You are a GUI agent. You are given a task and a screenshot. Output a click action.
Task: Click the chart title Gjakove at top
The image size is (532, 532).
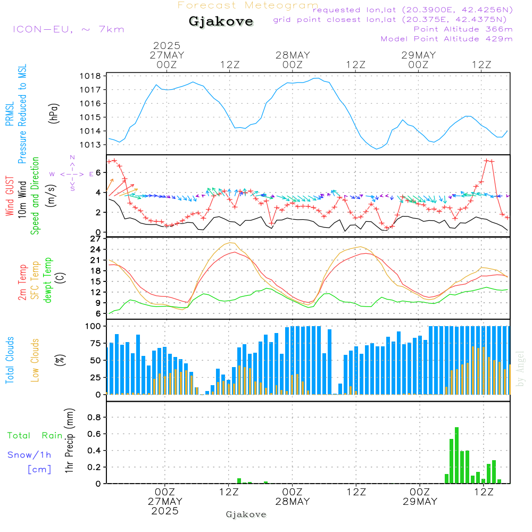221,22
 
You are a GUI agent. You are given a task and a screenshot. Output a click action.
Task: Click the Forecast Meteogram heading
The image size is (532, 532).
248,5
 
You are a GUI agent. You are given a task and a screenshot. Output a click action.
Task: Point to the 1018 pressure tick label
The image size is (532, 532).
92,76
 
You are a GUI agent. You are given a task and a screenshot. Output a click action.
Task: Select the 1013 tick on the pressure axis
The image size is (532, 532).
92,145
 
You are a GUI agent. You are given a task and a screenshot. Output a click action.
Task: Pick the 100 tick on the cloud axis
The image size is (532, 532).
94,326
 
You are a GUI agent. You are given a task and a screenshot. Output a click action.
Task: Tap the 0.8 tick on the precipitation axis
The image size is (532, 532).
94,417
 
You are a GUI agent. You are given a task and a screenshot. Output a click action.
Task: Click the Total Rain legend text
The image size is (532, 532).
35,435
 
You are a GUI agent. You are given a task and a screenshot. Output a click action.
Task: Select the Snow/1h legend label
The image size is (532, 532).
30,454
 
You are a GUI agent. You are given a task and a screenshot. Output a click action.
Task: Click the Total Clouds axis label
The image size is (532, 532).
10,360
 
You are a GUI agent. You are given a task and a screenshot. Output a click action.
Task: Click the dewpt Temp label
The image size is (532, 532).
48,280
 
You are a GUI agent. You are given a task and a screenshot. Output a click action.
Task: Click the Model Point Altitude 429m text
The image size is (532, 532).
446,39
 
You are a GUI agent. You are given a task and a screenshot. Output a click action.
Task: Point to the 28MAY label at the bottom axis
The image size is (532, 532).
292,502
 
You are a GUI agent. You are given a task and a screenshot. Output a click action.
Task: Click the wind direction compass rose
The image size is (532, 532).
72,173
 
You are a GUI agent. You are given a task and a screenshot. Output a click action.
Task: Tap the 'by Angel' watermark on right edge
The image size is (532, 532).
520,368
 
